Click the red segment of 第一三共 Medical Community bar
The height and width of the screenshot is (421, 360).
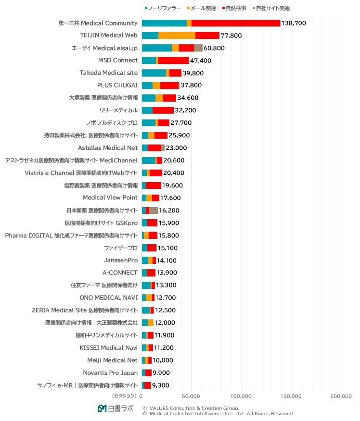(236, 23)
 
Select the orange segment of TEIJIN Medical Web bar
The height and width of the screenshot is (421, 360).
(177, 35)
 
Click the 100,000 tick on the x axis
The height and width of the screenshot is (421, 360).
(242, 396)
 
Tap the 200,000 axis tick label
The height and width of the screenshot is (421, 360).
(341, 396)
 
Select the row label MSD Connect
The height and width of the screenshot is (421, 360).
(118, 60)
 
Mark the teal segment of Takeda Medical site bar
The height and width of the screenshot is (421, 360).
(154, 73)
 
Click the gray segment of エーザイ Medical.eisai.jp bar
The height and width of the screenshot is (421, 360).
(198, 48)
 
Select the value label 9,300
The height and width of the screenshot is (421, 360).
(161, 385)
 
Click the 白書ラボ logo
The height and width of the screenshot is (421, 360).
(116, 408)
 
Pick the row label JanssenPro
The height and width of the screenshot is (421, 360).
(121, 260)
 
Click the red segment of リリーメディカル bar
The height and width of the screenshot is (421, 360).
(163, 110)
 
